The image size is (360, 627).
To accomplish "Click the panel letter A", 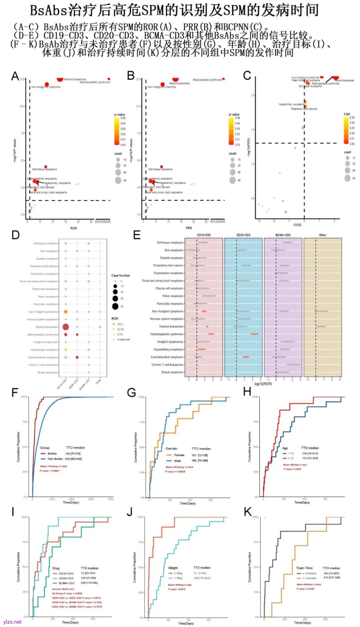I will [15, 76].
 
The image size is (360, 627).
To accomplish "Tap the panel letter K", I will [248, 512].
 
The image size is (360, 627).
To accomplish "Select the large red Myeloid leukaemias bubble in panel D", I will [66, 327].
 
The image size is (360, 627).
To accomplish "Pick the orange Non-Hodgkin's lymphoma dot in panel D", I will [66, 312].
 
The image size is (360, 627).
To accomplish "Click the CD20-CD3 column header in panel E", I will [243, 235].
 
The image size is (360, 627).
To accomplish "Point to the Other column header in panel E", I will [323, 235].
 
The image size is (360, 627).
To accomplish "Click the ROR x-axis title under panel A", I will [73, 228].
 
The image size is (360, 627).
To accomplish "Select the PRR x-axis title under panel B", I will [189, 228].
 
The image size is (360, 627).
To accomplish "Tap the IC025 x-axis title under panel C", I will [297, 225].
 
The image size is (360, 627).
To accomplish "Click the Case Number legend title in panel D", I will [120, 276].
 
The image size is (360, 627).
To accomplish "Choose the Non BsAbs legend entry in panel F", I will [55, 459].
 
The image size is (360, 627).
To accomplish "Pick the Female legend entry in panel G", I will [179, 455].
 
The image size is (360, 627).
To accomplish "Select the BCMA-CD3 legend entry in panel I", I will [66, 583].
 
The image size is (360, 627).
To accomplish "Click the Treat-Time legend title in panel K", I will [304, 568].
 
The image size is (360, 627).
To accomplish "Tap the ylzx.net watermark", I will [12, 622].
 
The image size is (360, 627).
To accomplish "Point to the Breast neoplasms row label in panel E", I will [172, 372].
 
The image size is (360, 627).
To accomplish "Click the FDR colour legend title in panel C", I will [347, 114].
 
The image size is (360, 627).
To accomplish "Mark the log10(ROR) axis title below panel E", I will [263, 384].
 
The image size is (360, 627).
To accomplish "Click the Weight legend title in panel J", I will [173, 568].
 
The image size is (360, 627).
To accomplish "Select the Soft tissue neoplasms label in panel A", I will [44, 169].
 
